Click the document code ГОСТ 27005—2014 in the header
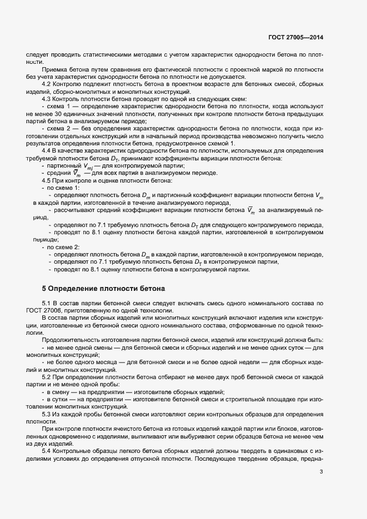[x=294, y=38]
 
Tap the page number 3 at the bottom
[x=321, y=472]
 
